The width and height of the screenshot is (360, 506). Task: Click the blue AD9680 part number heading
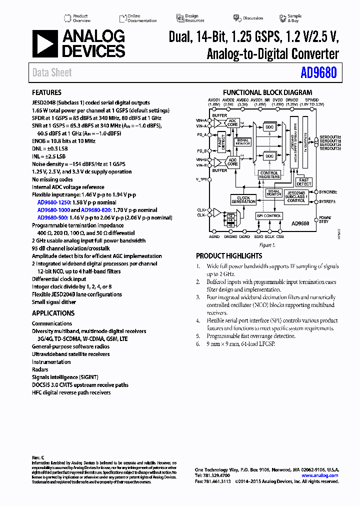318,73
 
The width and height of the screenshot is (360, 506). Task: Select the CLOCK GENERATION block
243,200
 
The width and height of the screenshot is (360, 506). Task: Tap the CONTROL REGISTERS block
269,175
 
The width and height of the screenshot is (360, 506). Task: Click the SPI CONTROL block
269,216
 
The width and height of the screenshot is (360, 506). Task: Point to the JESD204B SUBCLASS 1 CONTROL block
296,196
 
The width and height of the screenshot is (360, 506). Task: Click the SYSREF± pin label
328,201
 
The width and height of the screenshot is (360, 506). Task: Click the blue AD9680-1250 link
54,202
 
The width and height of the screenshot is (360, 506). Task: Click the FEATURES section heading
46,92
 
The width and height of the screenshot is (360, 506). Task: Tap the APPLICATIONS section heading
53,313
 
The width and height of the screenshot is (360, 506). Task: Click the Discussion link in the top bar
252,18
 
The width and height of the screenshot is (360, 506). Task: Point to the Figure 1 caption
267,245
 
